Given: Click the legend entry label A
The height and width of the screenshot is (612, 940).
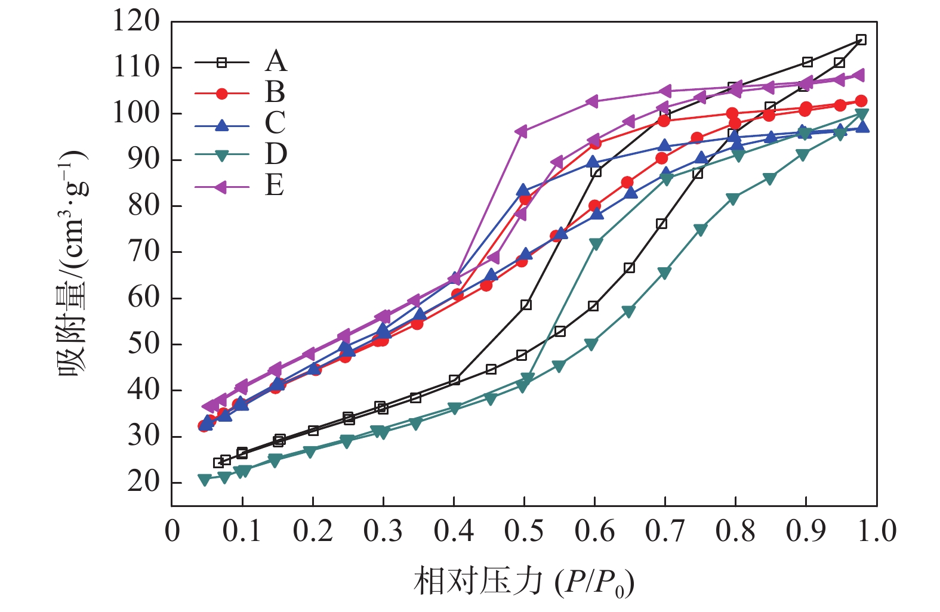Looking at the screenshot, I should (x=276, y=61).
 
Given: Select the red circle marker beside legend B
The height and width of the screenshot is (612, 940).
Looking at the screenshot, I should (x=222, y=93).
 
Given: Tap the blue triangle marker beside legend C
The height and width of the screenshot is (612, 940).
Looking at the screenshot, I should (x=222, y=125).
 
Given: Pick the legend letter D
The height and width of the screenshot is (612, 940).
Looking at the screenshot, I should (x=276, y=154).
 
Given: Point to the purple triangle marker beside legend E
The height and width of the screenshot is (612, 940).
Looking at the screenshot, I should (x=221, y=187).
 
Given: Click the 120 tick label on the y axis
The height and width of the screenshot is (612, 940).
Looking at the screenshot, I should (x=137, y=21).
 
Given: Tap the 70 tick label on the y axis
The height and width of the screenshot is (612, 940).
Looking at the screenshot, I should (x=144, y=252).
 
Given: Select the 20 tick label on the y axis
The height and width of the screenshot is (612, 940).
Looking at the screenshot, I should (x=144, y=482).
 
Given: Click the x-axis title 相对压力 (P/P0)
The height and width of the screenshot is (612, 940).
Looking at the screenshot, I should (x=523, y=582).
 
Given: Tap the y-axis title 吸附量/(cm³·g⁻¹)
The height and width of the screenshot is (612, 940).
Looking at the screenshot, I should (x=73, y=262).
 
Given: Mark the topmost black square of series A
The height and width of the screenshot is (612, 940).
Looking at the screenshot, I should (x=861, y=40).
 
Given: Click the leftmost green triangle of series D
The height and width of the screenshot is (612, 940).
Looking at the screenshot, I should (x=205, y=480).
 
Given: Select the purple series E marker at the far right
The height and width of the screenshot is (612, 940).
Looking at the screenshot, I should (x=859, y=75).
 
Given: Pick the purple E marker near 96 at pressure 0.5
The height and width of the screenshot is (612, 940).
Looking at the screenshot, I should (x=521, y=131).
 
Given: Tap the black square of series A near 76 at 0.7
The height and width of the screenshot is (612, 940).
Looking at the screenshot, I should (x=661, y=224).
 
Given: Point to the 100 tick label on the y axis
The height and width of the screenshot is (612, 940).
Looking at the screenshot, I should (x=137, y=113).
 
